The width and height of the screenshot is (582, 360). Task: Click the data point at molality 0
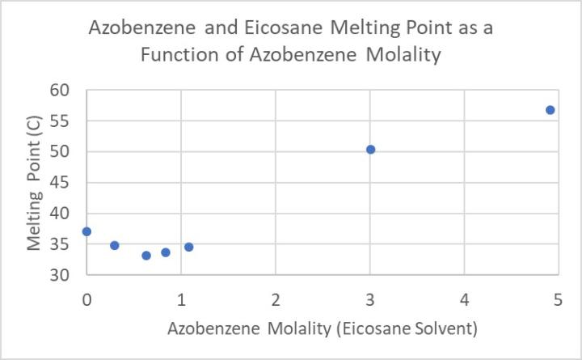[86, 231]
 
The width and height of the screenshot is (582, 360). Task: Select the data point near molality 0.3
[115, 245]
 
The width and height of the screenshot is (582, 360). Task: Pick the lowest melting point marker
[146, 256]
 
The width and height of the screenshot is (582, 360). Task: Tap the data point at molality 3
[370, 150]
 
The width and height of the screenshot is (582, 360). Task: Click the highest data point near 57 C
[550, 110]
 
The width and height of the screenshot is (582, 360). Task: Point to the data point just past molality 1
[188, 247]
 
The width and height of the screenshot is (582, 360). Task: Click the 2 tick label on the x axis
[276, 299]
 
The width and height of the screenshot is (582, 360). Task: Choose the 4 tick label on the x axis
[464, 299]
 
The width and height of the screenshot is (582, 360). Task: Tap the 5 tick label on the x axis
[558, 299]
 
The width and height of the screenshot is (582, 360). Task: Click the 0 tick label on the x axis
[86, 299]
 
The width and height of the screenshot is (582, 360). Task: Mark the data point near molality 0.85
[166, 252]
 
